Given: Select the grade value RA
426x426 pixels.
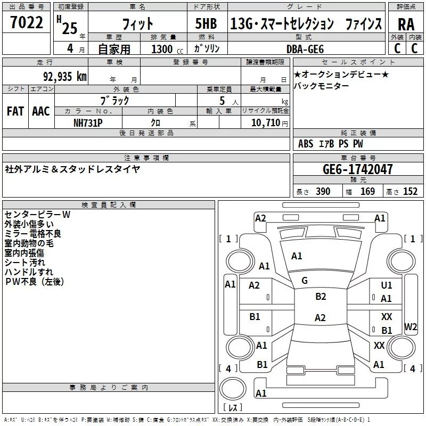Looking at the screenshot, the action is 406,24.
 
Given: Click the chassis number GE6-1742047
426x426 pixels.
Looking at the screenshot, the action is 358,169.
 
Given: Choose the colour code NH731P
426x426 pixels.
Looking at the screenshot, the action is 88,122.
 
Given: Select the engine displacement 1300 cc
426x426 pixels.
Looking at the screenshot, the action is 162,49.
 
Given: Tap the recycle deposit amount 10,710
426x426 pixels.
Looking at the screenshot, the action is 265,122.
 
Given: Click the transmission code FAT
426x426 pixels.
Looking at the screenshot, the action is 15,111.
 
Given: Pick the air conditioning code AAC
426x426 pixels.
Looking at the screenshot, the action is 41,111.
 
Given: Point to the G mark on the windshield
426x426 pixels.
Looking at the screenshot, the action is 305,281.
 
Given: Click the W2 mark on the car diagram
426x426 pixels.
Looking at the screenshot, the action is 410,326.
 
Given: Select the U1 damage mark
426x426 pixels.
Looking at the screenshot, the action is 387,286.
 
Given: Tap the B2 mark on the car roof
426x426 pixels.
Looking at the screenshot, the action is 321,297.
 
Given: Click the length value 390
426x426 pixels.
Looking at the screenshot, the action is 323,192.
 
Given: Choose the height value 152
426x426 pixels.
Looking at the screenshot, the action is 410,192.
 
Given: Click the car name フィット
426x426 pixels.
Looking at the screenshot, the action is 138,24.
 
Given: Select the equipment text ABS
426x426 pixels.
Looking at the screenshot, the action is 306,144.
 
